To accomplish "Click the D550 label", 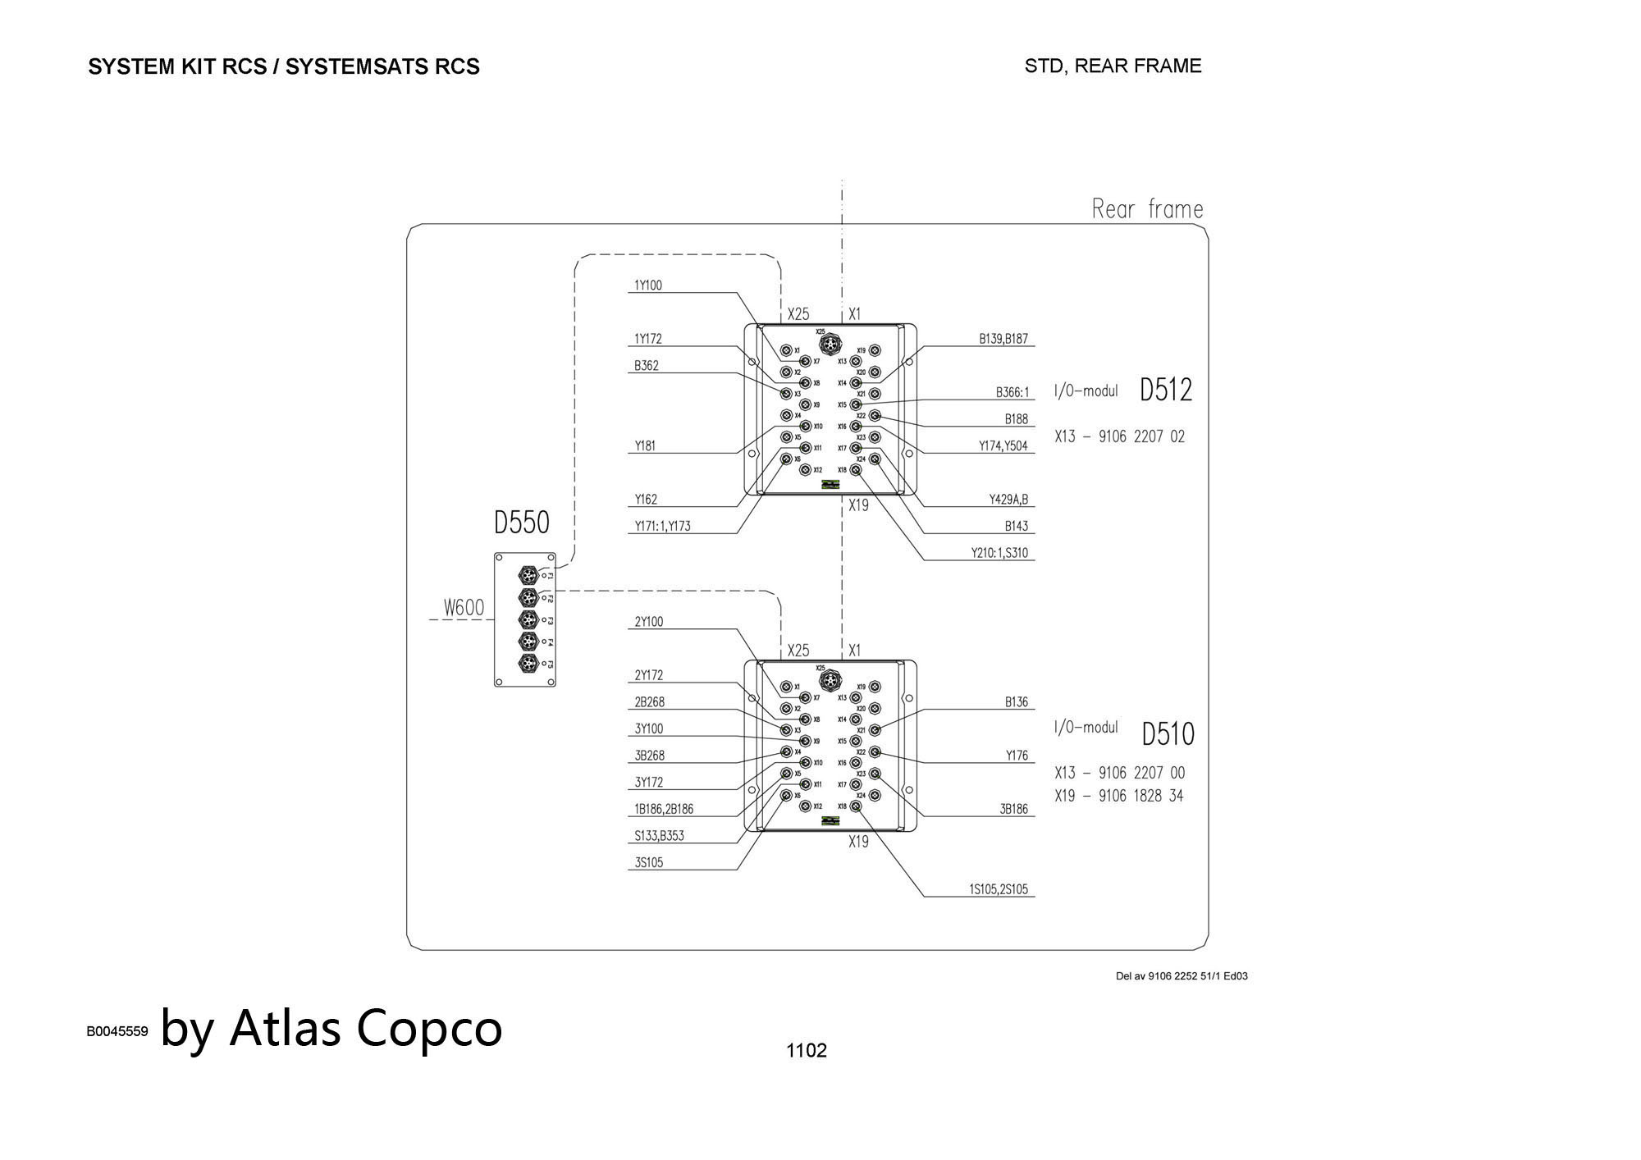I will coord(521,523).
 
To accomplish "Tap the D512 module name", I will coord(1165,390).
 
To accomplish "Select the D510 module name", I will coord(1168,734).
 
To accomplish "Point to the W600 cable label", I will coord(464,608).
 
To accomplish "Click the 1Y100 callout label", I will coord(647,285).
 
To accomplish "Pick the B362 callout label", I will coord(646,366).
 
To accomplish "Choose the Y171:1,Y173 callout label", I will coord(662,527).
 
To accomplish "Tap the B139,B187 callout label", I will coord(1003,339).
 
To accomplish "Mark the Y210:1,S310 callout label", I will coord(999,553).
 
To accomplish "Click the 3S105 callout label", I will coord(648,863).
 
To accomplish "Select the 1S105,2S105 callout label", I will coord(998,889).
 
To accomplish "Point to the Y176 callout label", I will coord(1017,756).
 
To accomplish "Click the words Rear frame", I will coord(1147,209).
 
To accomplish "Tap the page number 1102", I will coord(806,1051).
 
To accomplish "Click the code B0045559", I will coord(117,1031).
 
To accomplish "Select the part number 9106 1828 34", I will coord(1140,796).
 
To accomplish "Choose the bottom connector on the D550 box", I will coord(529,663).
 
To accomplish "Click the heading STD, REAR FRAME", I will coord(1113,66).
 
